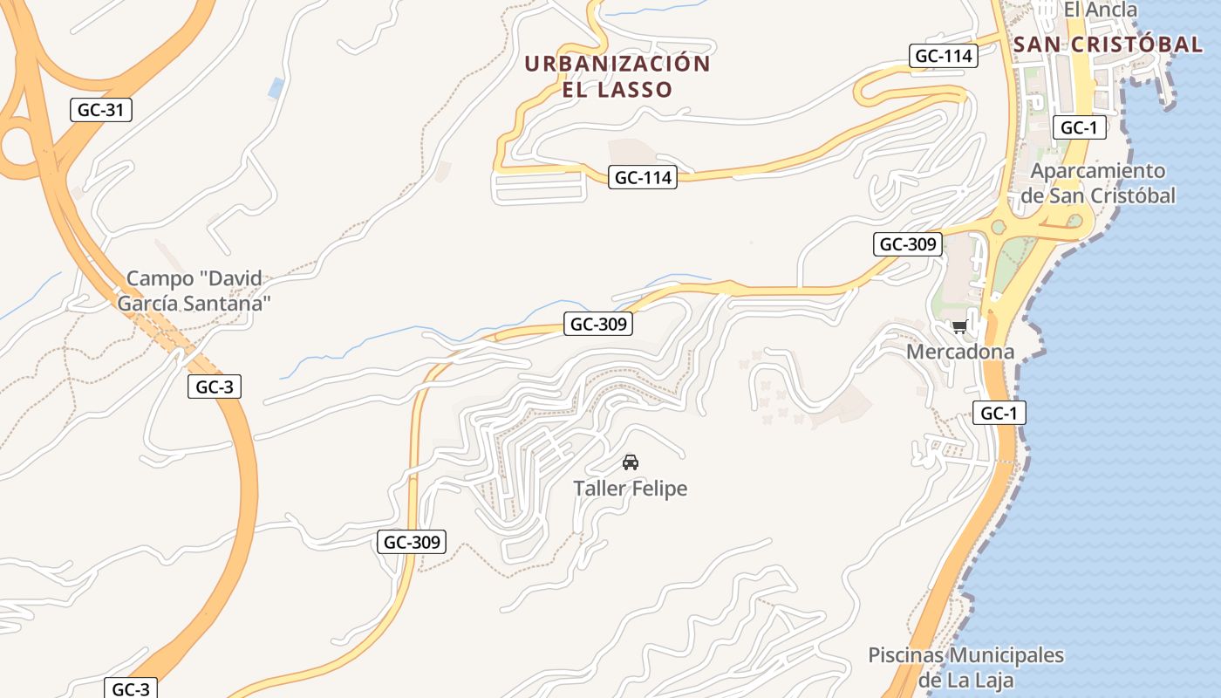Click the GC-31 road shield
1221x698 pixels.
coord(100,110)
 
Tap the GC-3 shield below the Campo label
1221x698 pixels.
coord(214,387)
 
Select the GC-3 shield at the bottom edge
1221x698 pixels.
coord(131,688)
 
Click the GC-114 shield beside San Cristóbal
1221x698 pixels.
coord(943,56)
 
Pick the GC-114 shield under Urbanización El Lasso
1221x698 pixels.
coord(644,177)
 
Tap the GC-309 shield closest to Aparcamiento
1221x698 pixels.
coord(908,244)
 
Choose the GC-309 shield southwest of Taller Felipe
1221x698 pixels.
coord(413,542)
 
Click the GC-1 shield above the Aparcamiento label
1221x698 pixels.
coord(1079,127)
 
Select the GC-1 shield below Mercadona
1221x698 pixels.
coord(999,413)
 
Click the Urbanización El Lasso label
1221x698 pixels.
coord(617,76)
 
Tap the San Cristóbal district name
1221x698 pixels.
coord(1108,44)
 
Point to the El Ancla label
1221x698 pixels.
coord(1101,10)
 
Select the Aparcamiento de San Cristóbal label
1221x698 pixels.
coord(1097,183)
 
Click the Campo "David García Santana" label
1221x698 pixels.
coord(194,291)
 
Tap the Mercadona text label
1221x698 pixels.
coord(960,352)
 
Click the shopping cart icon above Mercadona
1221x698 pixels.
coord(959,326)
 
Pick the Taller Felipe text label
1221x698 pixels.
coord(630,489)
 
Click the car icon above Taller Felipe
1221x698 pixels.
coord(630,462)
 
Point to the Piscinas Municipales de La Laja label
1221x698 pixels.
coord(966,667)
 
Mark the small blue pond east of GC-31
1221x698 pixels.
coord(276,88)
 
